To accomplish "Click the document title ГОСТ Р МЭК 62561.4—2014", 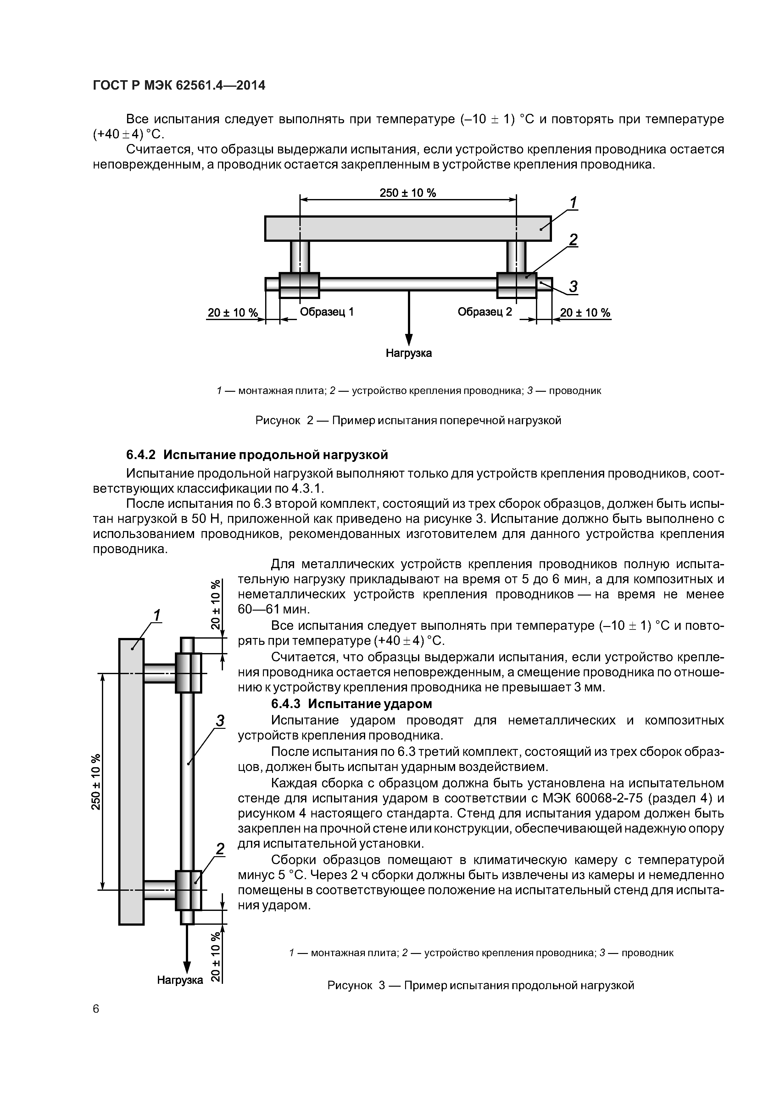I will coord(178,86).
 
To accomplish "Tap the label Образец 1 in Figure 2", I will coord(326,312).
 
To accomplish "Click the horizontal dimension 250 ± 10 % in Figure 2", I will coord(408,193).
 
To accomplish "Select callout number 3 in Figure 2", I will coord(573,287).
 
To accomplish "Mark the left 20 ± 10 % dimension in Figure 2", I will coord(233,313).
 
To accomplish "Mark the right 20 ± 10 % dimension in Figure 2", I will coord(585,313).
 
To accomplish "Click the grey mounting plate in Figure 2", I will coord(408,228).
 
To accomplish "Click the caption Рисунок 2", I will coord(408,421).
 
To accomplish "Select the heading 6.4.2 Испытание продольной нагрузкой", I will coord(257,454).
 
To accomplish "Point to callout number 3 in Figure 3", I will coord(220,721).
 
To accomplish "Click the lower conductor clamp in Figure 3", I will coord(188,890).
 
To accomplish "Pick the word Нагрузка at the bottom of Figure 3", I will coord(180,980).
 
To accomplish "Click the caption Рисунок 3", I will coord(481,986).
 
